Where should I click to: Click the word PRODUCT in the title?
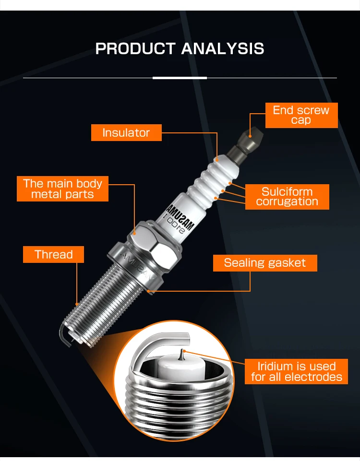(136, 49)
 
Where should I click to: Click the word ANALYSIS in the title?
(222, 49)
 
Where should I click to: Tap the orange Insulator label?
(126, 133)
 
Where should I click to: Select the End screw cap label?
(301, 115)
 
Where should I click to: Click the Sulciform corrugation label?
(287, 197)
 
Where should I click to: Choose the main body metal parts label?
(62, 189)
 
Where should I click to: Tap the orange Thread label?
(53, 254)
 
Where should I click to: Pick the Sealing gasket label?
(264, 263)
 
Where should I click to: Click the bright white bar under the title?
(180, 78)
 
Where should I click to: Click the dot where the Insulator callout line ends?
(217, 159)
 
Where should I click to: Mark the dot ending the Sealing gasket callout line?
(149, 291)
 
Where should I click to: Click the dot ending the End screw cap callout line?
(251, 135)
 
